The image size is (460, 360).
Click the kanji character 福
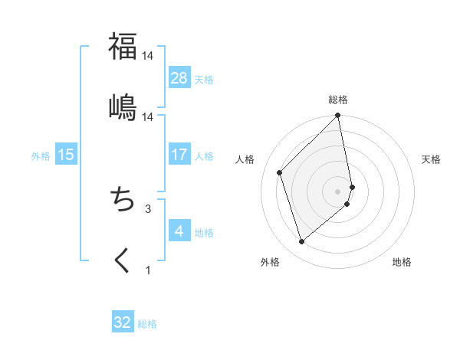click(123, 46)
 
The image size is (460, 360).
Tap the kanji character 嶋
click(123, 106)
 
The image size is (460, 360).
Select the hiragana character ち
click(123, 200)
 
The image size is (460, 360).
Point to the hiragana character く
click(123, 261)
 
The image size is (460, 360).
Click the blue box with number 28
click(179, 77)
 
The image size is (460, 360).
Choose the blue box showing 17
click(179, 154)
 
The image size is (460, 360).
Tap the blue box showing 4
click(179, 231)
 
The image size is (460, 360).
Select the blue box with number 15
click(66, 154)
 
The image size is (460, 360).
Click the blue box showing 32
click(123, 322)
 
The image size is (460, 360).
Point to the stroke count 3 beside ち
click(148, 208)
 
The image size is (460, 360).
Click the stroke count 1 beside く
click(148, 270)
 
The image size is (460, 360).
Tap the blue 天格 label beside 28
click(204, 79)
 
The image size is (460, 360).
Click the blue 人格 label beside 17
click(204, 155)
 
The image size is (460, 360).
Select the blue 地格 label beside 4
click(204, 232)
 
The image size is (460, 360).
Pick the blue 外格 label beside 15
click(41, 155)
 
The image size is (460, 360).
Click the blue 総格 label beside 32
click(147, 324)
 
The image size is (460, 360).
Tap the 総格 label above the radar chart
click(338, 100)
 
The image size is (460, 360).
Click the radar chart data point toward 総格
click(338, 116)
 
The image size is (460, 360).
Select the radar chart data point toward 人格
click(280, 172)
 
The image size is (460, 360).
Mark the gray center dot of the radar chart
click(338, 191)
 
